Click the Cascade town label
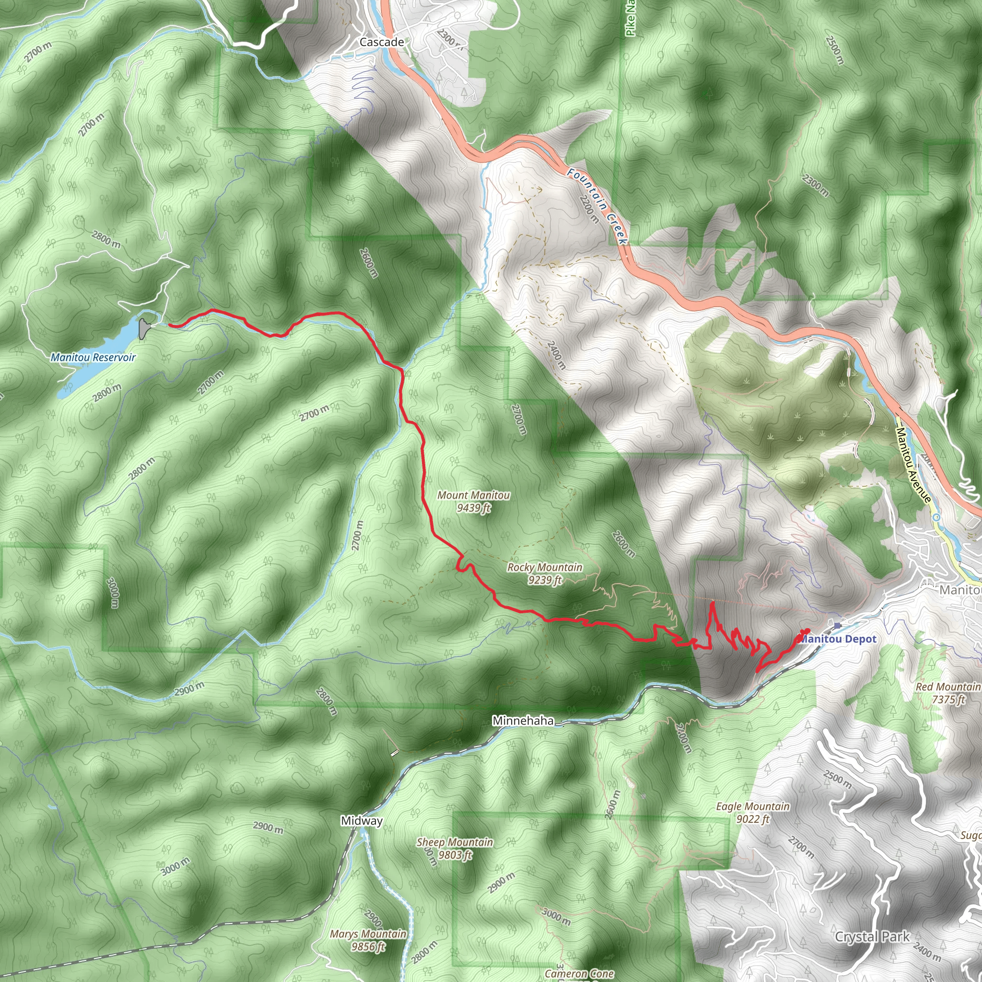[381, 42]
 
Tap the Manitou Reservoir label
[93, 357]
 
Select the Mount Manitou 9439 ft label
[473, 501]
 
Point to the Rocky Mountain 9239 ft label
[544, 573]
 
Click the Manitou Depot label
[839, 639]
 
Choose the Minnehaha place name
[523, 721]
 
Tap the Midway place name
[362, 820]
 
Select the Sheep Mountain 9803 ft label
[455, 848]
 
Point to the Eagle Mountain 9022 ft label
[752, 812]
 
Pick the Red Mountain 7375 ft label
[947, 693]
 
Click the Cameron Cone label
[578, 974]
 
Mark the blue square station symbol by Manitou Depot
[837, 625]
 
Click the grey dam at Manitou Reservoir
[144, 328]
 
